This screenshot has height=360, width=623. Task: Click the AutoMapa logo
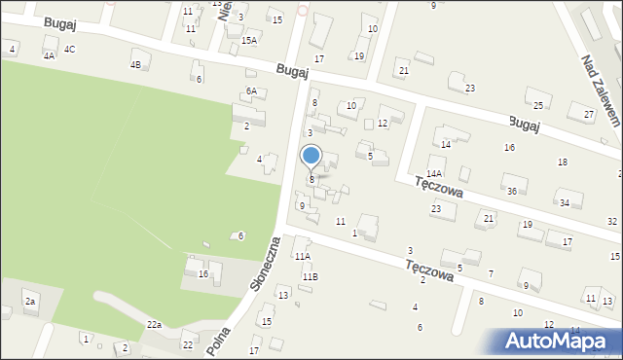[560, 341]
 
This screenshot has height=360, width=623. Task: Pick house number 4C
[69, 49]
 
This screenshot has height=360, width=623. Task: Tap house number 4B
[135, 65]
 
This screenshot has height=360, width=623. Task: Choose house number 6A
[251, 90]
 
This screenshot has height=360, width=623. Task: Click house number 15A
[250, 40]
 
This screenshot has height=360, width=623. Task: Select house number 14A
[434, 173]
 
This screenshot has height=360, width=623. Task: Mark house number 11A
[303, 257]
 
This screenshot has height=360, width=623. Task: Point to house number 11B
[309, 277]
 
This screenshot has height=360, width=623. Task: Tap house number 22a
[154, 324]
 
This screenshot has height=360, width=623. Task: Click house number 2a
[30, 302]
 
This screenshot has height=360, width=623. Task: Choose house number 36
[512, 191]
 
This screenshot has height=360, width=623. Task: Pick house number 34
[564, 202]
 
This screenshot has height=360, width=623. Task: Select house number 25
[537, 105]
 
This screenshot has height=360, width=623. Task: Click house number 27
[588, 115]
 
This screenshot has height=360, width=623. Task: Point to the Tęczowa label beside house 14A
[438, 187]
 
